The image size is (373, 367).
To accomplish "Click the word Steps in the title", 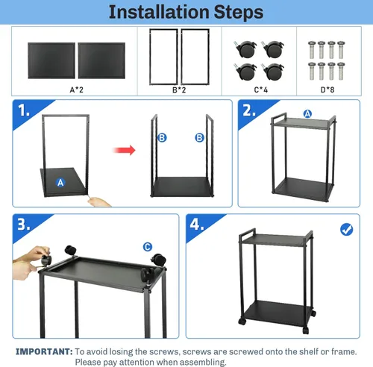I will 236,13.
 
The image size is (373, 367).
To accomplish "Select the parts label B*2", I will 179,90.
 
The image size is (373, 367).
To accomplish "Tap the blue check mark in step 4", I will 346,229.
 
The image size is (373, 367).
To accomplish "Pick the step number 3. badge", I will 25,224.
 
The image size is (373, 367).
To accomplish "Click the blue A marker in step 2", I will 307,114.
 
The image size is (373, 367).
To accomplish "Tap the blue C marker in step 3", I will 147,246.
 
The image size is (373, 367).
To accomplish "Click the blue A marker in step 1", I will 60,182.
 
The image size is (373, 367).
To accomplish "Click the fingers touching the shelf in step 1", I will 100,201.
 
